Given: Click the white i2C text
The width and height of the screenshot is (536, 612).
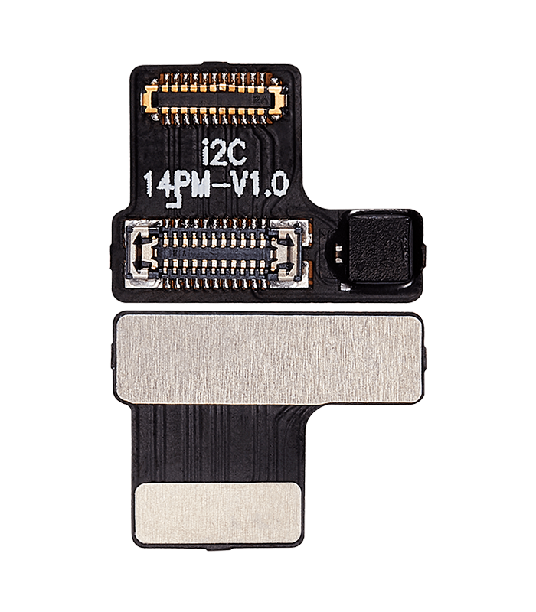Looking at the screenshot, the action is (x=225, y=153).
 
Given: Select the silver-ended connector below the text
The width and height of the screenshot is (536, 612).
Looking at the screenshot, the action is (x=214, y=255).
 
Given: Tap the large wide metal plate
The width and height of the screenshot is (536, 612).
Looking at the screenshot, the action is (x=268, y=359).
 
